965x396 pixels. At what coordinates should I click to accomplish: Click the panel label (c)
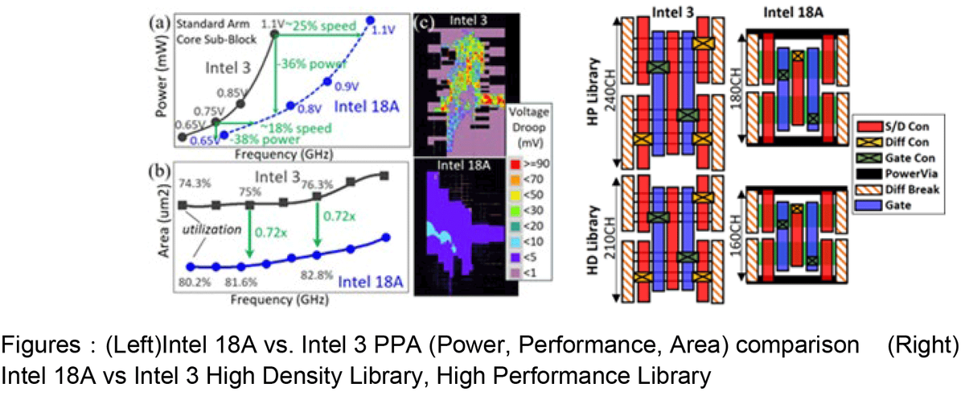[425, 22]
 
